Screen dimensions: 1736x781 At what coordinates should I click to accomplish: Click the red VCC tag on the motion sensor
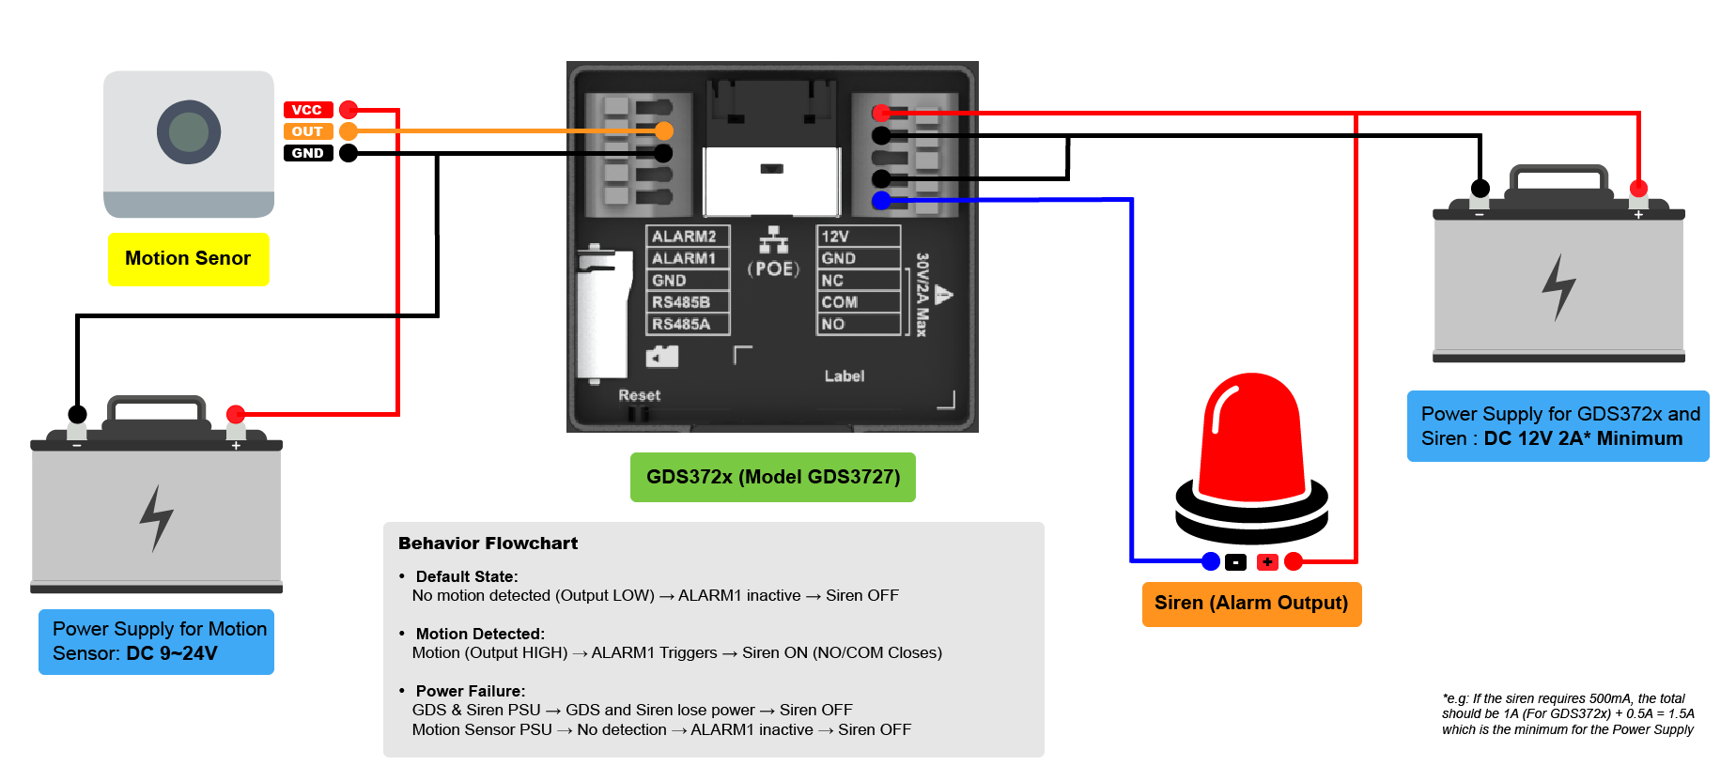pos(308,110)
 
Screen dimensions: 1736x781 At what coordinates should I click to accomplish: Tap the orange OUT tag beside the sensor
pos(308,131)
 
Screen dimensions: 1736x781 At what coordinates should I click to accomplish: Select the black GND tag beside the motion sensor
pos(308,153)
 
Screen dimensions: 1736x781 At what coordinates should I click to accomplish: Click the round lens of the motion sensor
pos(189,132)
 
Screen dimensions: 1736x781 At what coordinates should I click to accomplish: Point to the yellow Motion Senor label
pos(189,259)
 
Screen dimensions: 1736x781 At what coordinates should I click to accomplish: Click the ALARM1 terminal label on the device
pos(684,258)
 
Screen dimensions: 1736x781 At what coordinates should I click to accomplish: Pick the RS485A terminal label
pos(681,324)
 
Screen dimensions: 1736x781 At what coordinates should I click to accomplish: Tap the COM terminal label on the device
pos(840,302)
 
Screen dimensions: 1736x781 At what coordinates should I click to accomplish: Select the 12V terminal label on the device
pos(835,237)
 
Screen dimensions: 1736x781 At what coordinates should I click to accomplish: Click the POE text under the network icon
pos(774,269)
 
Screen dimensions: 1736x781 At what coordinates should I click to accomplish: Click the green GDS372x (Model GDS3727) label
pos(773,477)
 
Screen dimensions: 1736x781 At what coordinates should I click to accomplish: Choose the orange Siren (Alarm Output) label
pos(1251,604)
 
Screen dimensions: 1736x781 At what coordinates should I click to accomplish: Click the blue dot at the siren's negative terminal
pos(1211,561)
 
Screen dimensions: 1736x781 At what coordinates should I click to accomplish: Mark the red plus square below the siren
pos(1267,562)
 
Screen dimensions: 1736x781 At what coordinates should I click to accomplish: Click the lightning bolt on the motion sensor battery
pos(157,517)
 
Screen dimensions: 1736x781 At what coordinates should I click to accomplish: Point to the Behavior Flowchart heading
pos(488,544)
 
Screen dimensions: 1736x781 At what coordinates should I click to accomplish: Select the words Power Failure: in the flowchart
pos(471,691)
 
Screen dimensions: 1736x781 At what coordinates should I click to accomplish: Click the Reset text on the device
pos(639,395)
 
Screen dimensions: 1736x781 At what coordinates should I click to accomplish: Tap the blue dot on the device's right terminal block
pos(881,200)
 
